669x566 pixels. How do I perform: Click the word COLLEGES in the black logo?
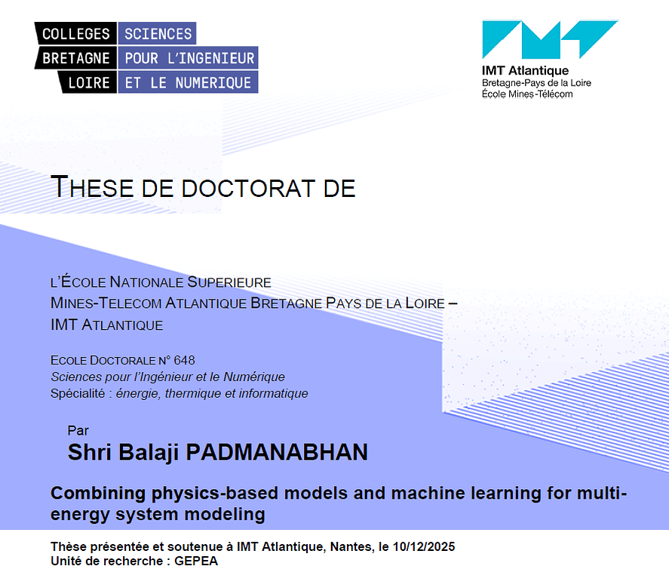pos(76,34)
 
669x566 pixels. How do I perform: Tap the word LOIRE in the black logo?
pos(89,82)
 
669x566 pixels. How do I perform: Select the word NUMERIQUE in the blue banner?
pos(213,82)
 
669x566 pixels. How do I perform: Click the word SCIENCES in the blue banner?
pos(158,34)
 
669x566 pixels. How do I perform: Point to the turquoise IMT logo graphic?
pos(550,39)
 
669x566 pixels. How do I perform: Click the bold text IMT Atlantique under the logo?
pos(525,70)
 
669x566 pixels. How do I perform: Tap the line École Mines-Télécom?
pos(527,94)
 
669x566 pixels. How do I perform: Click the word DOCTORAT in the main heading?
pos(249,188)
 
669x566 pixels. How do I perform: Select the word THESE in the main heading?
pos(92,187)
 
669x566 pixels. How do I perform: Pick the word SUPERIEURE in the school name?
pos(229,282)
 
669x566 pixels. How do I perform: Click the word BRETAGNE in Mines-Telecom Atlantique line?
pos(286,303)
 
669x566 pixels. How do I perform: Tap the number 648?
pos(184,360)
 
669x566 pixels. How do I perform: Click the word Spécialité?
pos(78,393)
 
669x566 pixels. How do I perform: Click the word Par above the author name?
pos(78,431)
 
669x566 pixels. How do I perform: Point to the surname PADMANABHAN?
pos(277,453)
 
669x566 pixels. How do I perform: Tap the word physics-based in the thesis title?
pos(215,494)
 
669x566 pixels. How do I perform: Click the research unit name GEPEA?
pos(196,561)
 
